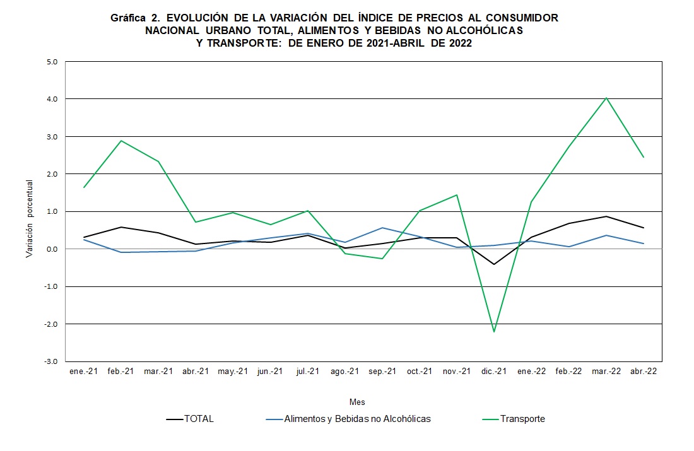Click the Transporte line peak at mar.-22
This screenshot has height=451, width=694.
(606, 98)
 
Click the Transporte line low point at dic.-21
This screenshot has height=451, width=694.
(494, 332)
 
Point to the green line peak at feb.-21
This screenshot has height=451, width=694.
(121, 141)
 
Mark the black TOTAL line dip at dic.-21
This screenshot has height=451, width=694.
(494, 264)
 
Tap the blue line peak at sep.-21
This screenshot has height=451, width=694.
(382, 228)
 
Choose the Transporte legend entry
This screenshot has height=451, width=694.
(522, 419)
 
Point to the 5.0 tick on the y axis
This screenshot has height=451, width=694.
(52, 62)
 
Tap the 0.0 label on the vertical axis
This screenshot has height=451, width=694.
(52, 249)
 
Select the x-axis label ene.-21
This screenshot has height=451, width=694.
(83, 372)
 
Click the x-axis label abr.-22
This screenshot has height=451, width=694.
(644, 372)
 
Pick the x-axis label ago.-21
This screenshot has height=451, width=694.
(345, 372)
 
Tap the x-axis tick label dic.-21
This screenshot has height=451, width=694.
(494, 372)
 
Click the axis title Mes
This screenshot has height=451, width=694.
(357, 402)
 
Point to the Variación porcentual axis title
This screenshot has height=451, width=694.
(29, 218)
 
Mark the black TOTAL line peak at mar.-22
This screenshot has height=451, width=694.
(606, 216)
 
